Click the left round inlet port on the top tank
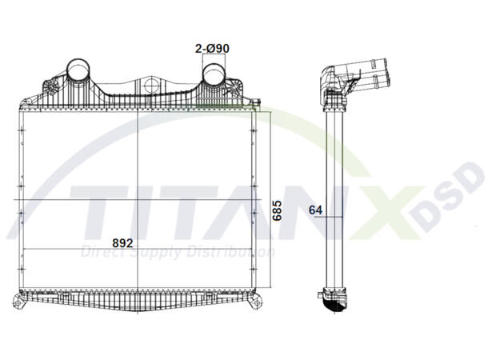[x=78, y=70]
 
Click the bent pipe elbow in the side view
[x=330, y=80]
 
